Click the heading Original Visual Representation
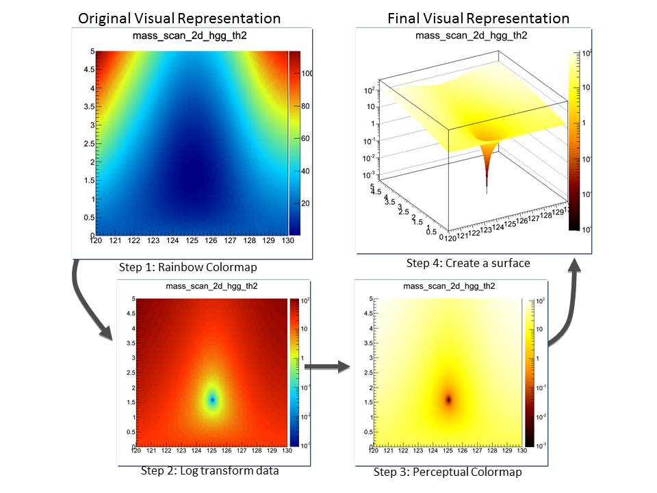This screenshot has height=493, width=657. click(x=179, y=18)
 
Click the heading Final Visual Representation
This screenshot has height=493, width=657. click(x=478, y=18)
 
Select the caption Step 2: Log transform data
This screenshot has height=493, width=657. click(x=209, y=470)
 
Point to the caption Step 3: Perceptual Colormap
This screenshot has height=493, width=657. click(x=448, y=472)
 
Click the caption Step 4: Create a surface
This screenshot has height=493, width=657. click(x=467, y=263)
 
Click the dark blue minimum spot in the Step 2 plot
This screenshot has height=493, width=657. click(x=213, y=399)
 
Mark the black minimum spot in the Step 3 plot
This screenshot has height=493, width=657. click(x=450, y=399)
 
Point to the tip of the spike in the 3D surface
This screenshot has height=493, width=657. click(x=487, y=188)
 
